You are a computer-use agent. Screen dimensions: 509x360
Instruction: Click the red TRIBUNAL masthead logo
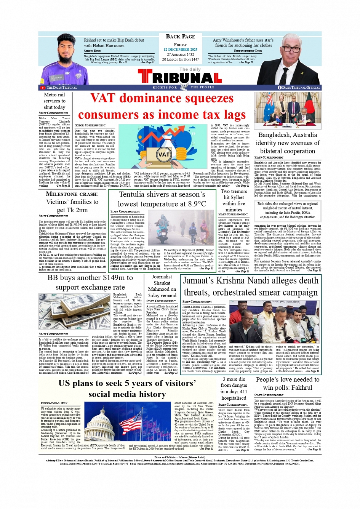pyautogui.click(x=180, y=78)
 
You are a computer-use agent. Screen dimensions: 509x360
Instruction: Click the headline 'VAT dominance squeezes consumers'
pyautogui.click(x=162, y=106)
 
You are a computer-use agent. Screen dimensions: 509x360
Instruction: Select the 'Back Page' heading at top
pyautogui.click(x=180, y=37)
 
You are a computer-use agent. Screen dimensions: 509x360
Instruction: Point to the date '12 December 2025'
pyautogui.click(x=180, y=50)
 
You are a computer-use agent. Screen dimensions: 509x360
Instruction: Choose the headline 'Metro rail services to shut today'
pyautogui.click(x=54, y=101)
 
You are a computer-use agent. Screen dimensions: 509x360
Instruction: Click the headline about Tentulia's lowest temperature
pyautogui.click(x=162, y=199)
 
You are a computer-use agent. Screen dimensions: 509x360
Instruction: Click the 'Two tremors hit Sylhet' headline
pyautogui.click(x=234, y=200)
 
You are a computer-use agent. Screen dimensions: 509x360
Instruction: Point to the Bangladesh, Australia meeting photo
pyautogui.click(x=288, y=110)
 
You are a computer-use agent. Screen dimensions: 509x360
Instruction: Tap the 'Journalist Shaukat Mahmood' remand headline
pyautogui.click(x=162, y=286)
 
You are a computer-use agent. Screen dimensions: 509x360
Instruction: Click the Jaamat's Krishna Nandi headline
pyautogui.click(x=251, y=286)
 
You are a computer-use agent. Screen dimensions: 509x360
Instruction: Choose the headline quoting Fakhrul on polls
pyautogui.click(x=288, y=383)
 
